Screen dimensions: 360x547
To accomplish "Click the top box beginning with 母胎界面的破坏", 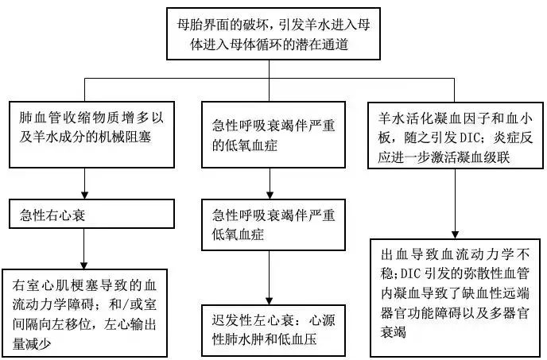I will (273, 31).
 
